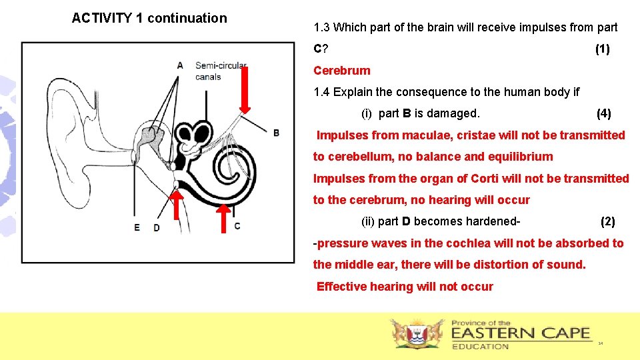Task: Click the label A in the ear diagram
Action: pos(180,65)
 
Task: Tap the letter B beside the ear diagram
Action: pos(276,133)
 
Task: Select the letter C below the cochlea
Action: pos(237,226)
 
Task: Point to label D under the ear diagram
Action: pos(156,227)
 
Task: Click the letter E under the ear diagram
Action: pos(137,227)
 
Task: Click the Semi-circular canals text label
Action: pos(221,71)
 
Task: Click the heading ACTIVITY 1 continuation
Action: pos(149,18)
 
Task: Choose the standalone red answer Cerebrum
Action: pos(341,71)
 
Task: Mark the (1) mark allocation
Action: pos(602,49)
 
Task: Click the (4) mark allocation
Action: pos(603,113)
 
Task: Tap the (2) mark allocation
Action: pos(607,221)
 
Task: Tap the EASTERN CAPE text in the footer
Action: pos(521,333)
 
